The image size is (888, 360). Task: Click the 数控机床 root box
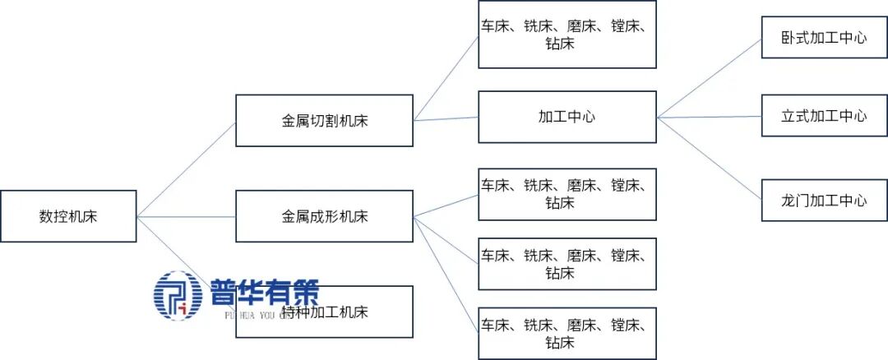click(x=68, y=216)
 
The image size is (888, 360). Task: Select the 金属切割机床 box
click(x=324, y=121)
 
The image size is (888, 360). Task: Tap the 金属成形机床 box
click(x=324, y=216)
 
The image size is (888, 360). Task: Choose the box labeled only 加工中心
click(x=567, y=117)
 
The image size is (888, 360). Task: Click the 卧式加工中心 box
click(x=825, y=38)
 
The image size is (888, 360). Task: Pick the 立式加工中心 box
click(x=825, y=116)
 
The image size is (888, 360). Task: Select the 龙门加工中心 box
click(x=825, y=201)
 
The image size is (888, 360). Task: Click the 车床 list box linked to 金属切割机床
click(x=567, y=35)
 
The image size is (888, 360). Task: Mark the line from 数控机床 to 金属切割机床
click(x=187, y=169)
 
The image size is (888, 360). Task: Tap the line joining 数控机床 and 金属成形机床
click(x=187, y=217)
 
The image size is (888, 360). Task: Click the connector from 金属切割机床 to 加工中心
click(x=446, y=118)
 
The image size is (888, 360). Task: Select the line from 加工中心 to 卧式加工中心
click(x=710, y=77)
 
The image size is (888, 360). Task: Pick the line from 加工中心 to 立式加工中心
click(x=710, y=117)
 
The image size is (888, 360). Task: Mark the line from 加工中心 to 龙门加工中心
click(x=710, y=158)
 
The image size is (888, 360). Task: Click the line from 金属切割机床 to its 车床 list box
click(x=446, y=78)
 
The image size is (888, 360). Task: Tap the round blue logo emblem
click(x=178, y=295)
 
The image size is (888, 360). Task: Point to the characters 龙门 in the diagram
click(x=796, y=201)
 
